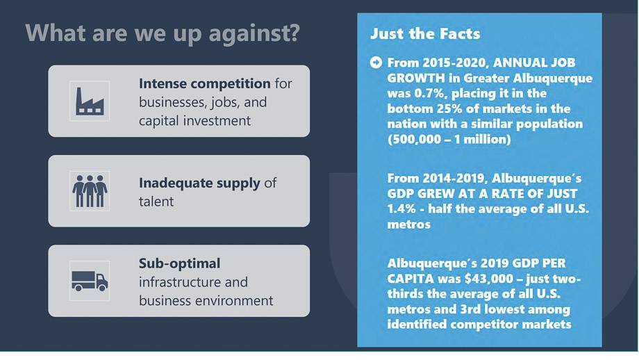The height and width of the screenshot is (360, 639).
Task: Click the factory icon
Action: coord(90,101)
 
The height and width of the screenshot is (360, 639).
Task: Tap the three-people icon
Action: coord(90,191)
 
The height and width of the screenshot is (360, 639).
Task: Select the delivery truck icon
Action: coord(90,281)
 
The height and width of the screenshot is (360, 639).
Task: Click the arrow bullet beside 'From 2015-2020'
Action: coord(376,63)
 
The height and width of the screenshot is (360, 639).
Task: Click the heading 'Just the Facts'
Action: coord(425,33)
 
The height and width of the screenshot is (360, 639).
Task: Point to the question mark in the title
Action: coord(294,32)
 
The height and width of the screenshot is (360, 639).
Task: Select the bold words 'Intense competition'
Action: coord(205,83)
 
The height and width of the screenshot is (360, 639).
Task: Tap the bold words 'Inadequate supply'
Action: coord(199,183)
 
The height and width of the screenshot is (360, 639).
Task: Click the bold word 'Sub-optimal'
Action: coord(179,264)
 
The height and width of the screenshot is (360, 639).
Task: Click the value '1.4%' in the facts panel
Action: coord(401,208)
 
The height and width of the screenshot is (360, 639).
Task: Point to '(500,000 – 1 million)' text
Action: coord(449,140)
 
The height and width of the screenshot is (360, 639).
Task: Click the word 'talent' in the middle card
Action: coord(156,202)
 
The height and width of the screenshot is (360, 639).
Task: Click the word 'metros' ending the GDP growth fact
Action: coord(408,224)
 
